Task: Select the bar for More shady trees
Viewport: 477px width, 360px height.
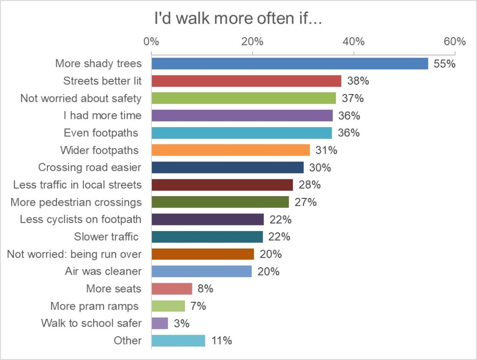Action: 289,63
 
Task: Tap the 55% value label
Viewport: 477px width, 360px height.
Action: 444,64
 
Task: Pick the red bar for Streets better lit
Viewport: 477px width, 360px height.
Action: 246,81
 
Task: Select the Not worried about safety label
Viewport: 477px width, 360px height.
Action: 81,98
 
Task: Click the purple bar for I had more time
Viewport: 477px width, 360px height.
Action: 242,115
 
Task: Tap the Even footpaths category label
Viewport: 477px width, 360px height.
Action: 101,133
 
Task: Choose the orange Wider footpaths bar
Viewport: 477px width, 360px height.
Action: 230,150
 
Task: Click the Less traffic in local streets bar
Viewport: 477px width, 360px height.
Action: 222,185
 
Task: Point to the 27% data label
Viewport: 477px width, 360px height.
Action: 306,202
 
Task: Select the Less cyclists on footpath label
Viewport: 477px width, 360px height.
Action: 81,219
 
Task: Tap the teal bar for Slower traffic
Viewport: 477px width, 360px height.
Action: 207,237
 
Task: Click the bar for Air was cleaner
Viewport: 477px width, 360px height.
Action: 201,271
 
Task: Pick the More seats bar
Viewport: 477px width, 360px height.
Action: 171,289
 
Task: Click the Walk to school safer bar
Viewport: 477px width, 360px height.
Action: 159,323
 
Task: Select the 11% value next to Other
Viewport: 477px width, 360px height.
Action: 221,340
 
